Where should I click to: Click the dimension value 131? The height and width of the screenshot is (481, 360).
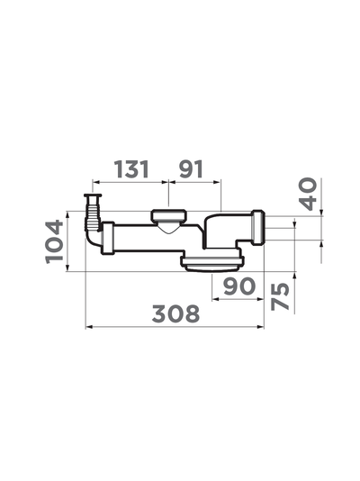pyautogui.click(x=131, y=169)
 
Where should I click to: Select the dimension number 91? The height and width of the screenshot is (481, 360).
pyautogui.click(x=191, y=169)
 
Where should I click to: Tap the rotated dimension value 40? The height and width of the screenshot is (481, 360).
pyautogui.click(x=308, y=194)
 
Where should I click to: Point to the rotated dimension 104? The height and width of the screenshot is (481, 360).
pyautogui.click(x=55, y=241)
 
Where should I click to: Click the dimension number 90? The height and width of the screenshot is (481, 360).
pyautogui.click(x=239, y=286)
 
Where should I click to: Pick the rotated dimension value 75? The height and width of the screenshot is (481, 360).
pyautogui.click(x=280, y=296)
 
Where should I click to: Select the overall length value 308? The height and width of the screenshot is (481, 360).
pyautogui.click(x=175, y=313)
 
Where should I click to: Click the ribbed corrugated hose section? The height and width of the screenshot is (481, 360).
pyautogui.click(x=92, y=214)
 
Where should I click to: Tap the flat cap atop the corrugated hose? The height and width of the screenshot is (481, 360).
pyautogui.click(x=93, y=195)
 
